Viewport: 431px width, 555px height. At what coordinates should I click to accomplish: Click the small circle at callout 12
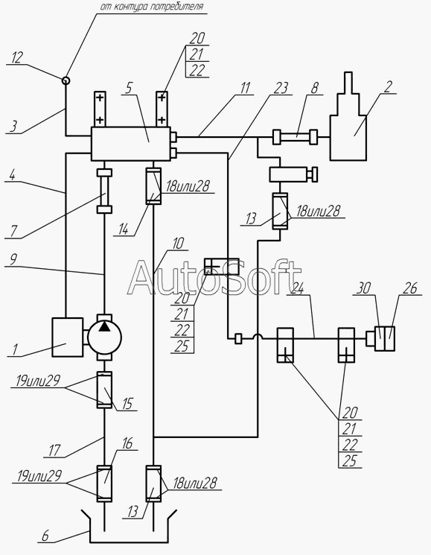[66, 80]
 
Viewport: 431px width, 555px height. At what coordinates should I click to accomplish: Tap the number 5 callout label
[129, 88]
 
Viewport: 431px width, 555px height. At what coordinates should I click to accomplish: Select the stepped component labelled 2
[348, 116]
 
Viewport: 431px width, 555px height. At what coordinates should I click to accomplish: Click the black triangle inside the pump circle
[104, 326]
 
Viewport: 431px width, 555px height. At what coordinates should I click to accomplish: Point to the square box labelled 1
[68, 337]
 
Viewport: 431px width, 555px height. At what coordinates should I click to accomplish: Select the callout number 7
[13, 231]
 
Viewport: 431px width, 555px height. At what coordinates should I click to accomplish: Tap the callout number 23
[281, 89]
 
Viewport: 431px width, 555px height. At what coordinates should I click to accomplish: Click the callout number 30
[363, 288]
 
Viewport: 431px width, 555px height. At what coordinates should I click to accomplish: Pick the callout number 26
[410, 288]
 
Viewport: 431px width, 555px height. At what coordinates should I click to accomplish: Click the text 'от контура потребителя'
[152, 7]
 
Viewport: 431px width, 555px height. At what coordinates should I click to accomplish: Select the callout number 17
[55, 451]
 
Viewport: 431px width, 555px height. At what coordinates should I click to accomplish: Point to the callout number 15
[129, 405]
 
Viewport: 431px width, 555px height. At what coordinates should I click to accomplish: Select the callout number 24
[297, 289]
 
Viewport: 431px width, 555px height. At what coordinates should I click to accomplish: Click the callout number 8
[315, 88]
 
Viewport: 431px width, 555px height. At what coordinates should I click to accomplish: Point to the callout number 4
[13, 175]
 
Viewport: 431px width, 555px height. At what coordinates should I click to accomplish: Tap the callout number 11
[246, 88]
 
